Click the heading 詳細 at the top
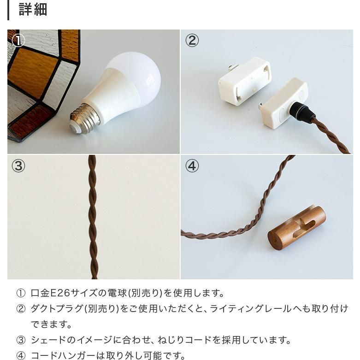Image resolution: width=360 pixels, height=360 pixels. click(33, 10)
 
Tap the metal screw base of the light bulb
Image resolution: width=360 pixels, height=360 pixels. click(84, 119)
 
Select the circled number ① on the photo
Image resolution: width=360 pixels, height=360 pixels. click(18, 41)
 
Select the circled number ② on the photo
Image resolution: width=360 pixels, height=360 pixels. click(192, 41)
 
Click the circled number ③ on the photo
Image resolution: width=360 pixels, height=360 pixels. click(18, 166)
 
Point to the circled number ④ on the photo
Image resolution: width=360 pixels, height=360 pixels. click(192, 166)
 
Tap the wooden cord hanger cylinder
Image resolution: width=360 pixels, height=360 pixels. click(297, 228)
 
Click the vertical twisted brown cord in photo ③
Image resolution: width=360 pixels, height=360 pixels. click(93, 217)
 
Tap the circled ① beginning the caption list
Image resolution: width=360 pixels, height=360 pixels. click(21, 294)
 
